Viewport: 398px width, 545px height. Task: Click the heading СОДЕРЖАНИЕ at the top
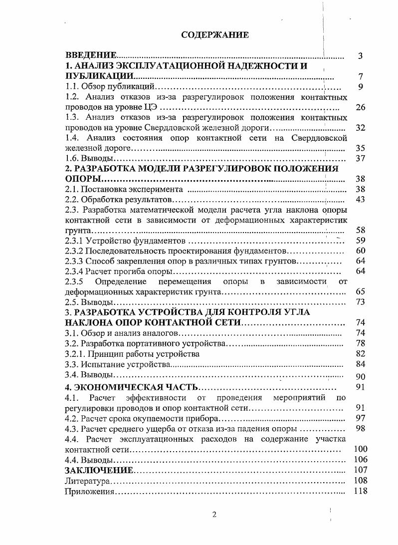pyautogui.click(x=214, y=35)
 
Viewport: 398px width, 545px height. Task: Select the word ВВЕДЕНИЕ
pyautogui.click(x=91, y=55)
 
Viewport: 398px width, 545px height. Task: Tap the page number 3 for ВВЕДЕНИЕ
pyautogui.click(x=360, y=56)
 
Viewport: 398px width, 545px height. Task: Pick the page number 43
pyautogui.click(x=361, y=199)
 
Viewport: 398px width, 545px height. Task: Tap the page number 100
pyautogui.click(x=360, y=449)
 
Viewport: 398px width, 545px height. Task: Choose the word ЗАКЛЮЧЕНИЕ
pyautogui.click(x=99, y=470)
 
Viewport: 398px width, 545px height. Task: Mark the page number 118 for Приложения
pyautogui.click(x=360, y=491)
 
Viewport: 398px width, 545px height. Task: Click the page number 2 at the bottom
pyautogui.click(x=214, y=515)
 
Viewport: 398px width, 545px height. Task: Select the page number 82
pyautogui.click(x=361, y=353)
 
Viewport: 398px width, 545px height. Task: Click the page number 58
pyautogui.click(x=361, y=230)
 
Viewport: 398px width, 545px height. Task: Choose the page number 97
pyautogui.click(x=361, y=418)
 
